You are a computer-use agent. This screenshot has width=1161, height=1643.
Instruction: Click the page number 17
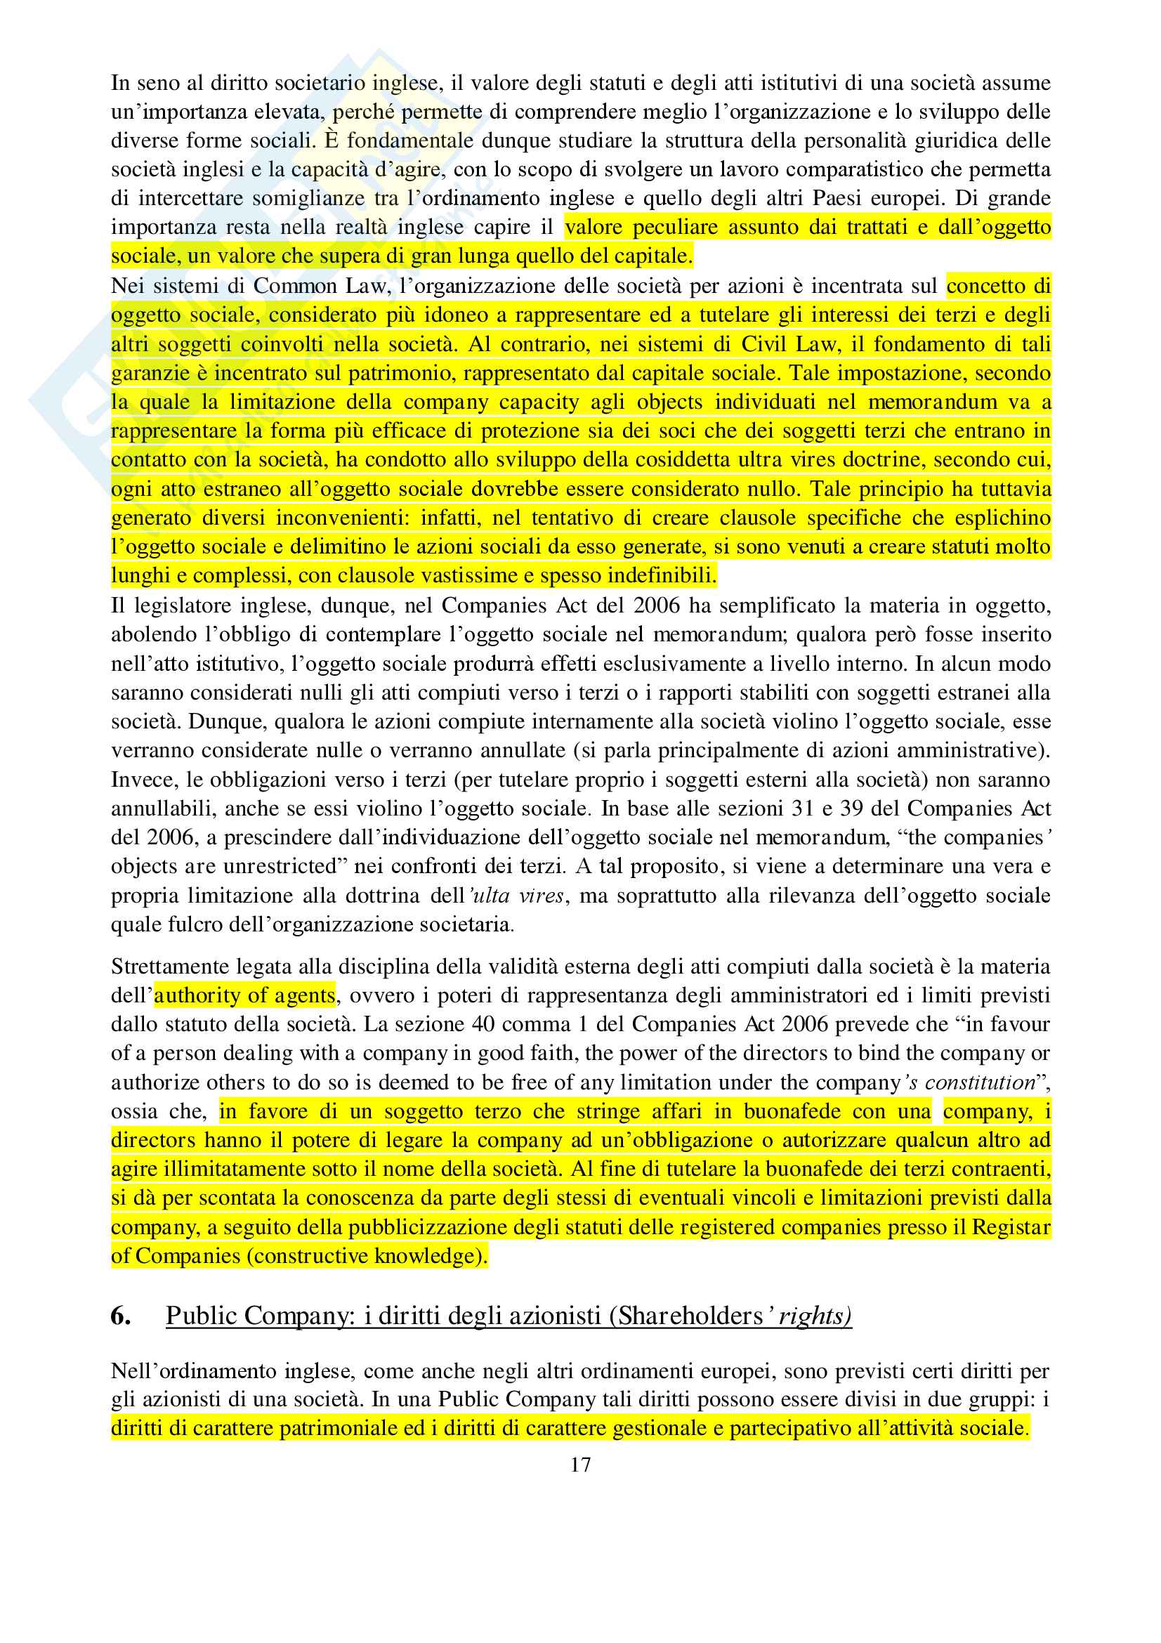[x=580, y=1465]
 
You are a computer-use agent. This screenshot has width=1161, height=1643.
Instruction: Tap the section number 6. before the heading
[x=120, y=1316]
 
